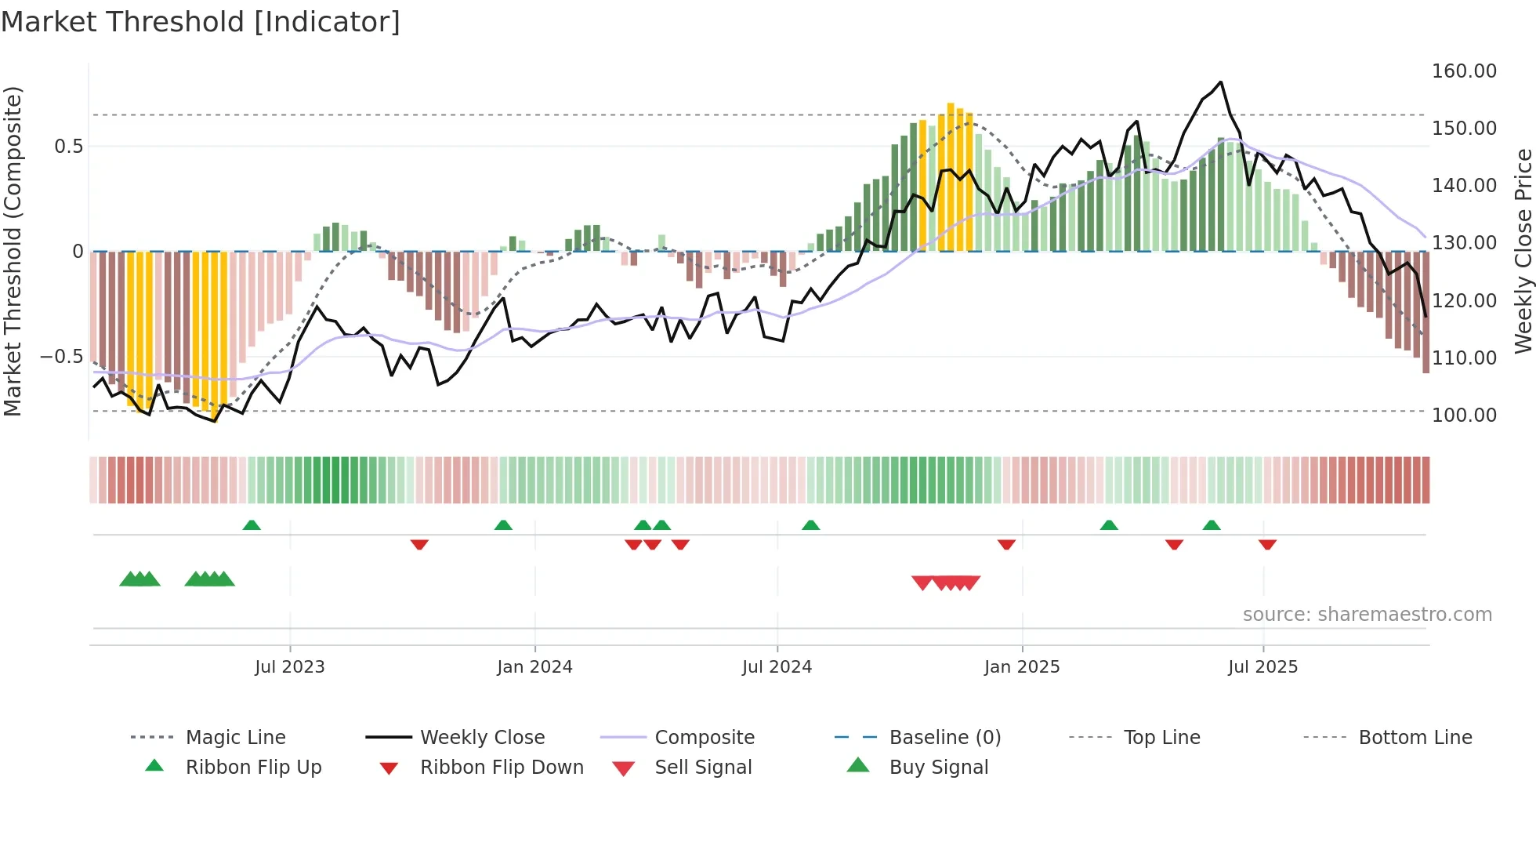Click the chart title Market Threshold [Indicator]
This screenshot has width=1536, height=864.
[201, 22]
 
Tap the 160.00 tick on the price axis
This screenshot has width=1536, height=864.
[1464, 71]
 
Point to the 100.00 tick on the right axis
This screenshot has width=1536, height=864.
[1464, 415]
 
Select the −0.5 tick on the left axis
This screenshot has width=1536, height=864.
[61, 357]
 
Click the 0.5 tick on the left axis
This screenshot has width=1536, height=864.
[68, 147]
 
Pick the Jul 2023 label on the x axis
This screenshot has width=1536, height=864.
[289, 667]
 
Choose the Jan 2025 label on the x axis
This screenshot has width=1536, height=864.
[1022, 667]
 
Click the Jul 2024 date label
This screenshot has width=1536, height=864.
[777, 667]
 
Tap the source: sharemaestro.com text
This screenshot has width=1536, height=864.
[1367, 615]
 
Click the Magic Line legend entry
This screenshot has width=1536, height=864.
[235, 738]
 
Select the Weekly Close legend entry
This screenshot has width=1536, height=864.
[482, 738]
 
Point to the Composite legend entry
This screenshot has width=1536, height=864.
[705, 738]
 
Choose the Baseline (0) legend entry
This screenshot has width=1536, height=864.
[945, 738]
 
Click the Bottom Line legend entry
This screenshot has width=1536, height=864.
[1415, 738]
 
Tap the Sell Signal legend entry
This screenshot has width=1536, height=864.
[703, 768]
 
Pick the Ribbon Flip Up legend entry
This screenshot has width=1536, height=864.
[253, 768]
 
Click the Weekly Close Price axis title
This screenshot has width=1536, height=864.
[1523, 251]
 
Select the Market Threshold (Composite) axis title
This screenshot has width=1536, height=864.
[13, 251]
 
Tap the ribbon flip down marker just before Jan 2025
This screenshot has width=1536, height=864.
[1006, 544]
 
